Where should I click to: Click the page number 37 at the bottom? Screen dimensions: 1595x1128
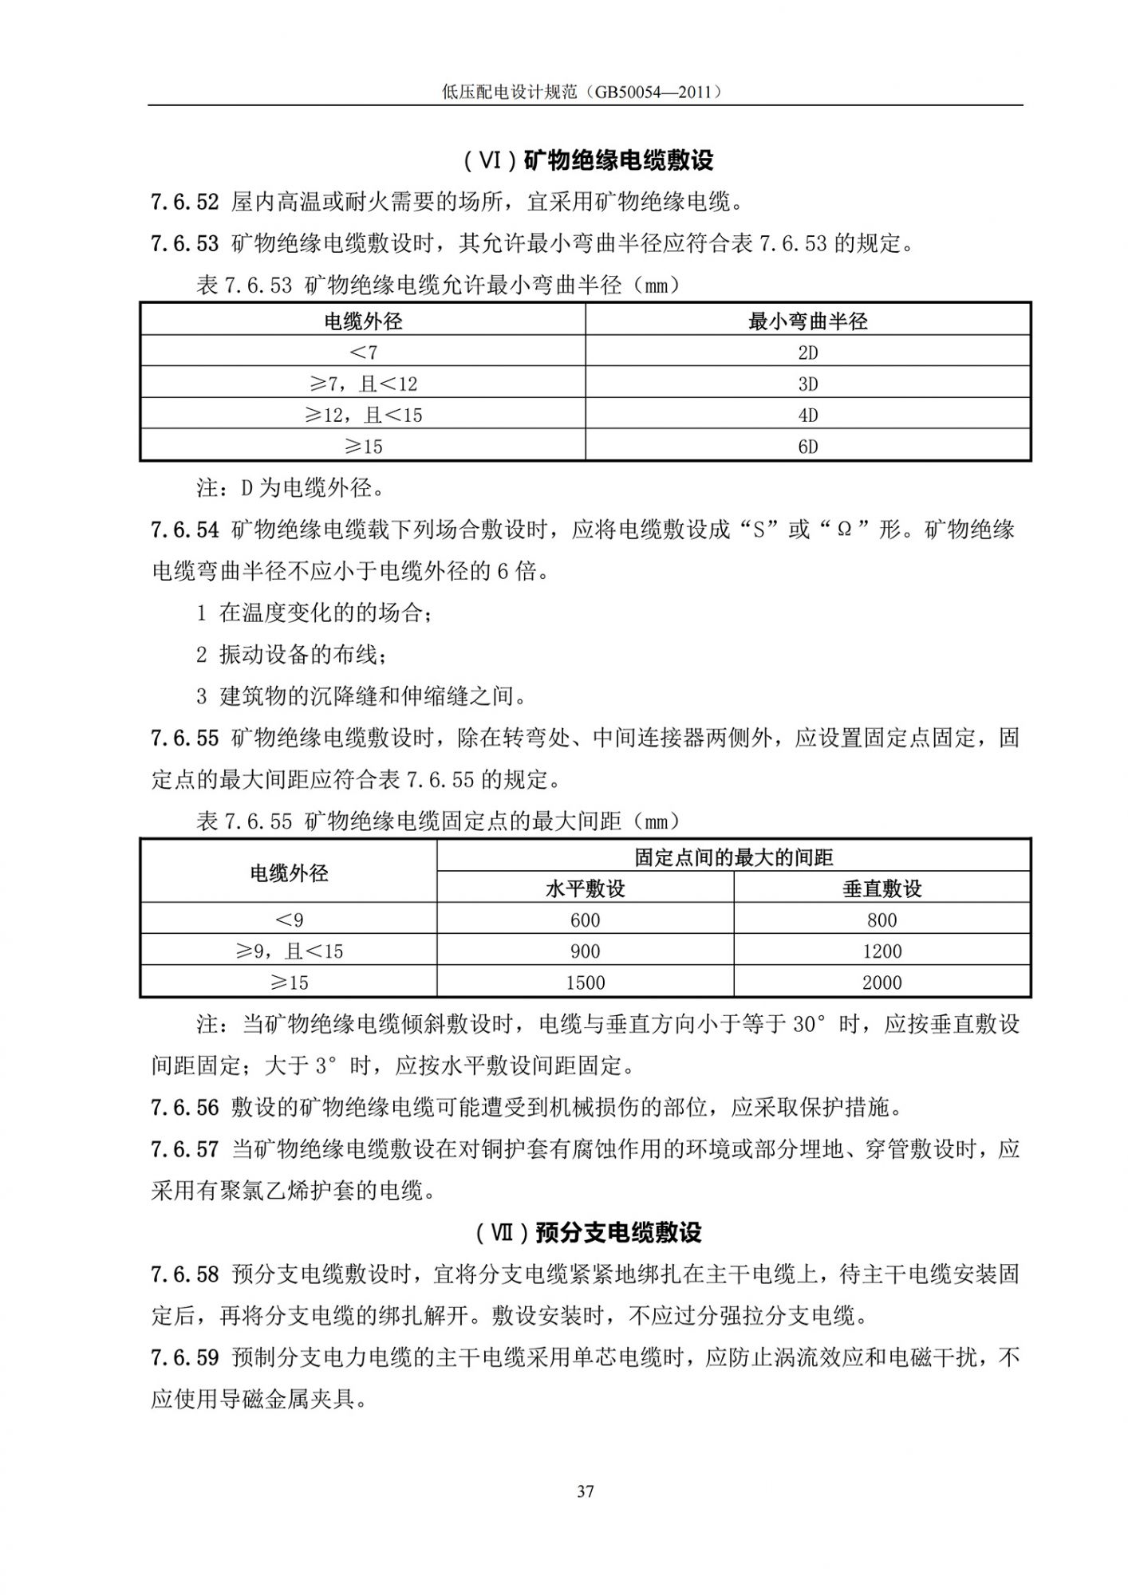586,1491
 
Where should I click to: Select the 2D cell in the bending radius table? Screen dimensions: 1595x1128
807,352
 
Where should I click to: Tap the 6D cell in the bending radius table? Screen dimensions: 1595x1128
807,447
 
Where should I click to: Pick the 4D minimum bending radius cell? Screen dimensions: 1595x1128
807,415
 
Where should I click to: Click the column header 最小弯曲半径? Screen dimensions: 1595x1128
807,321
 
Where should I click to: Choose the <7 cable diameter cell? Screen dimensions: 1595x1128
363,352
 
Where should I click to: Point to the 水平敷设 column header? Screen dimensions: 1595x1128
585,888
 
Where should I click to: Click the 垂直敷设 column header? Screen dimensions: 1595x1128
881,888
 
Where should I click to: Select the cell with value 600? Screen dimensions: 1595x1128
585,920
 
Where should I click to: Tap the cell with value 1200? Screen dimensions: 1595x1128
881,951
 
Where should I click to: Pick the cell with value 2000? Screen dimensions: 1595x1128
881,983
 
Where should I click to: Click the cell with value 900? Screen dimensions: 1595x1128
585,951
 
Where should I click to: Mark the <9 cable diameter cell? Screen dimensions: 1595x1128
289,920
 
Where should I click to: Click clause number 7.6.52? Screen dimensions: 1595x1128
184,203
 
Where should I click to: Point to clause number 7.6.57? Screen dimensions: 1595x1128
184,1149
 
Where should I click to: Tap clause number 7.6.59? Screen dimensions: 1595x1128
184,1357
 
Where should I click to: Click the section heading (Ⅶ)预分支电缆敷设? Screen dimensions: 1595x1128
588,1233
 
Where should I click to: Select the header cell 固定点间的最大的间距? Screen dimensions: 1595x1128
733,857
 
